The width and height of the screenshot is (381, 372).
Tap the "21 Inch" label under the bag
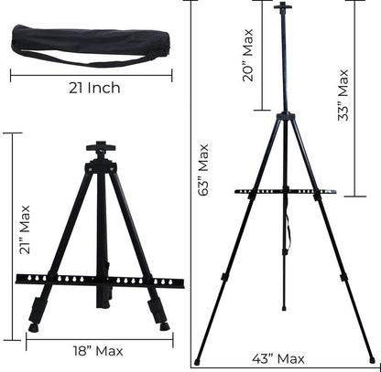coord(94,88)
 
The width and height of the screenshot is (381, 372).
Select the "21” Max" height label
coord(25,230)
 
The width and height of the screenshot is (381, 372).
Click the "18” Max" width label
coord(98,351)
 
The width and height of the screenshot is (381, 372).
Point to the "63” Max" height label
coord(203,170)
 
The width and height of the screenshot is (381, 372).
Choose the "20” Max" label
coord(248,55)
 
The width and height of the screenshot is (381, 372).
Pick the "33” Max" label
coord(343,95)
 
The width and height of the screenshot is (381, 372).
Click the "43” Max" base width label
coord(278,358)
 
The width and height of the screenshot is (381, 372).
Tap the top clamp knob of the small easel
coord(101,147)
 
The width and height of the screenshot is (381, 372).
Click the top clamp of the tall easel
coord(283,5)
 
